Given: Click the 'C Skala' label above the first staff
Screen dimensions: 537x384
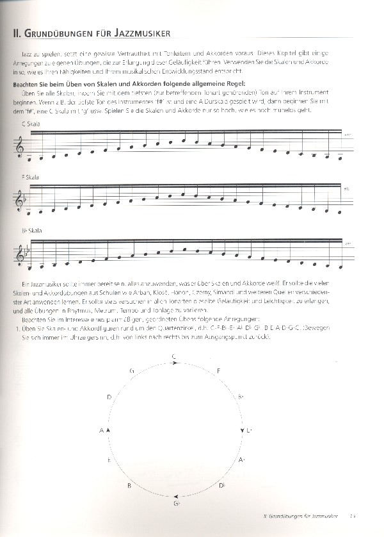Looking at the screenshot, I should [x=31, y=123].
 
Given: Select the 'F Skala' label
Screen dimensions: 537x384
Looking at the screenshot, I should [x=30, y=176].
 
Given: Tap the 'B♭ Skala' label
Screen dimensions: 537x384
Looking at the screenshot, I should [x=31, y=230].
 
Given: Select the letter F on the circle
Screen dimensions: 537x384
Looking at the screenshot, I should [x=219, y=371].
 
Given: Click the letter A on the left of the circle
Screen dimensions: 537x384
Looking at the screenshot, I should [x=101, y=430].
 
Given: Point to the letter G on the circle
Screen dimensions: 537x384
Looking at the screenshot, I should [x=131, y=371].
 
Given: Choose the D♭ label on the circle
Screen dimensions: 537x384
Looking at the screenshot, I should [x=221, y=486].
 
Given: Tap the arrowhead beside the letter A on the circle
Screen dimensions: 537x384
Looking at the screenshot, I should [x=109, y=430].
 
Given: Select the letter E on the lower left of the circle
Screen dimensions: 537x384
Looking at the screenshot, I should [x=109, y=461].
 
